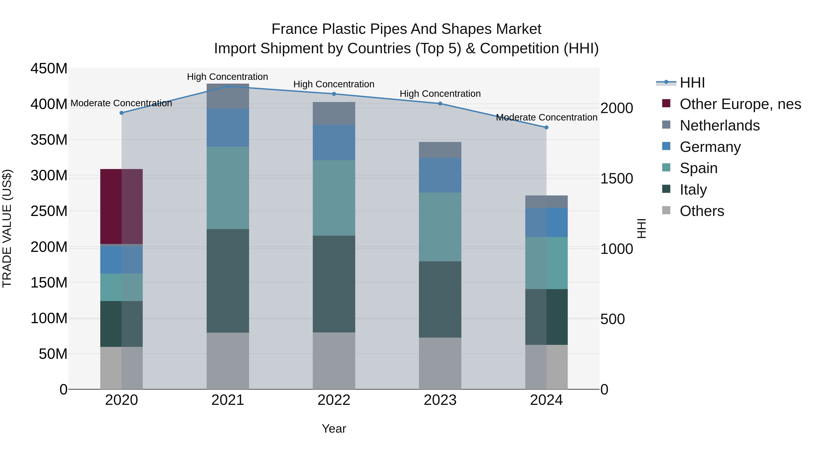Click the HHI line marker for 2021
tap(228, 86)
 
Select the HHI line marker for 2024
tap(546, 128)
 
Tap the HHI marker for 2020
tap(121, 113)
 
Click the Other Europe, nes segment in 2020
tap(121, 206)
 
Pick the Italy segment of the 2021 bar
tap(228, 281)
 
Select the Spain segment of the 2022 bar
tap(334, 198)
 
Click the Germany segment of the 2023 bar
tap(440, 175)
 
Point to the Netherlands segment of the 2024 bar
tap(546, 202)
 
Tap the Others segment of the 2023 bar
tap(440, 363)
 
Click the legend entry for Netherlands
tap(720, 125)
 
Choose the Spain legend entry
tap(699, 168)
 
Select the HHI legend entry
tap(692, 83)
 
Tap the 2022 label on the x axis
tap(334, 400)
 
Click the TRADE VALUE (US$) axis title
tap(7, 228)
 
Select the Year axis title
tap(334, 429)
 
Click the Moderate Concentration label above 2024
tap(546, 117)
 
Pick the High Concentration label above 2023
tap(440, 94)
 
